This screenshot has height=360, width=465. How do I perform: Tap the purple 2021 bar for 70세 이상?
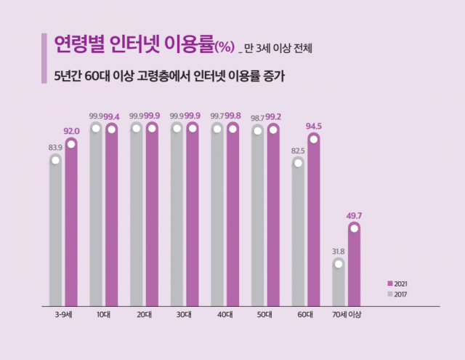(354, 265)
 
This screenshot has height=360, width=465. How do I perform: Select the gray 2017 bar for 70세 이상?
(339, 284)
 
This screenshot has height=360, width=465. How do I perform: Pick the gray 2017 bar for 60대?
(298, 233)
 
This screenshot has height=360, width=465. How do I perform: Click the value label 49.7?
(355, 216)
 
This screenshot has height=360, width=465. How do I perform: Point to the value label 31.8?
(339, 252)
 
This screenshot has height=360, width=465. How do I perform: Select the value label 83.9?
(55, 148)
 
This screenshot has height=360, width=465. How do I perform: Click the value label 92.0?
(71, 131)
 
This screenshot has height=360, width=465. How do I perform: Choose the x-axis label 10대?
(104, 315)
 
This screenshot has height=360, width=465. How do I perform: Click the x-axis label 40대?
(225, 315)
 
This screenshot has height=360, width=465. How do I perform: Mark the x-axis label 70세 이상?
(347, 315)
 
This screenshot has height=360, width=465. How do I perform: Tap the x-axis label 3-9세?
(63, 315)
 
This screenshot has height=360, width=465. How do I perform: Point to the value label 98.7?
(258, 117)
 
